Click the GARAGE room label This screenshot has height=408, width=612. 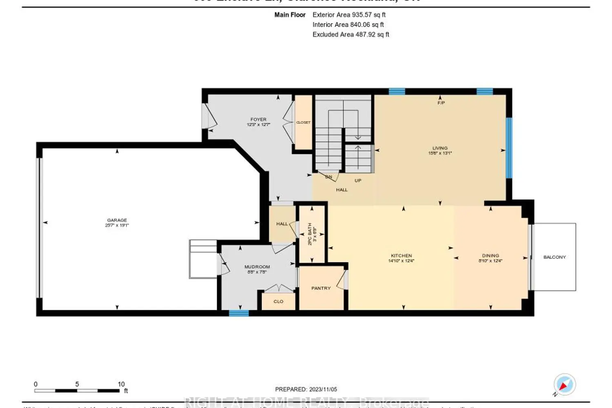tap(117, 220)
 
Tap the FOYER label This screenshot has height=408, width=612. tap(258, 120)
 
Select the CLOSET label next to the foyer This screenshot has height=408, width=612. tap(303, 122)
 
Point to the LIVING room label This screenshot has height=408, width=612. tap(440, 148)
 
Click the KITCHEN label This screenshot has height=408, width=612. tap(401, 256)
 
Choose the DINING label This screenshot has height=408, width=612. tap(490, 256)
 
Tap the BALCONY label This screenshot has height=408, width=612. tap(554, 257)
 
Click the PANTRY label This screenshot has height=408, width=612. tap(321, 288)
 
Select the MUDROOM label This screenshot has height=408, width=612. tap(257, 267)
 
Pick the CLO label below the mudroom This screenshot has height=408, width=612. tap(278, 302)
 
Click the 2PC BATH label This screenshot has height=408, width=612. tap(310, 234)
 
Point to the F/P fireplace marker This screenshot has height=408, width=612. tap(441, 103)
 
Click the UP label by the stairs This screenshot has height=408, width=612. tap(358, 180)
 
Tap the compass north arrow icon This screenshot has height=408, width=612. tap(564, 384)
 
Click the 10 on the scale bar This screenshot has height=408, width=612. tap(121, 384)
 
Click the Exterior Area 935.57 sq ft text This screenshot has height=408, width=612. tap(349, 15)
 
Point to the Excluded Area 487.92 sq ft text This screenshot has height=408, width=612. tap(350, 35)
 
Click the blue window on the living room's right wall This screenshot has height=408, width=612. tap(509, 148)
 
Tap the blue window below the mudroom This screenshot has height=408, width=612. tap(239, 313)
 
